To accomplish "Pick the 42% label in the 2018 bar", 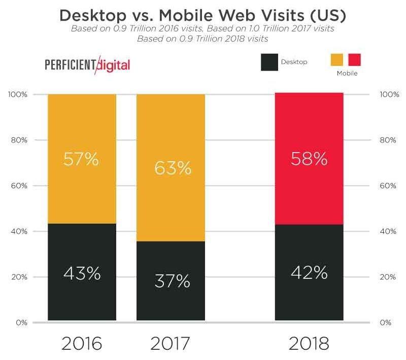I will tap(309, 273).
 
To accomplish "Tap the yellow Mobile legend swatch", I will tap(336, 61).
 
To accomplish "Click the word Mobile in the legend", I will tap(348, 74).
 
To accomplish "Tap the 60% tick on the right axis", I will tap(388, 186).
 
